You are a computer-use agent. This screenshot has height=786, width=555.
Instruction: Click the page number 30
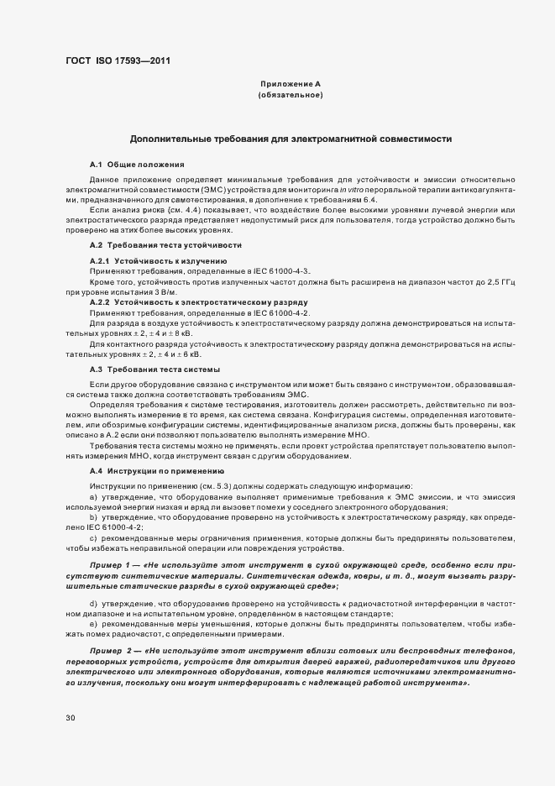[70, 718]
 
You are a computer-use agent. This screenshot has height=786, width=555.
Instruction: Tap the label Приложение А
[291, 85]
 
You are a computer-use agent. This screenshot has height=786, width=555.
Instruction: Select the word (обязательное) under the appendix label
[291, 96]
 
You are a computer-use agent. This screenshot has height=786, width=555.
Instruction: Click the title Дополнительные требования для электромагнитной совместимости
[291, 139]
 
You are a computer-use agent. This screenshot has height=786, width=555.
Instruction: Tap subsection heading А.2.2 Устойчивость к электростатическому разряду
[192, 301]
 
